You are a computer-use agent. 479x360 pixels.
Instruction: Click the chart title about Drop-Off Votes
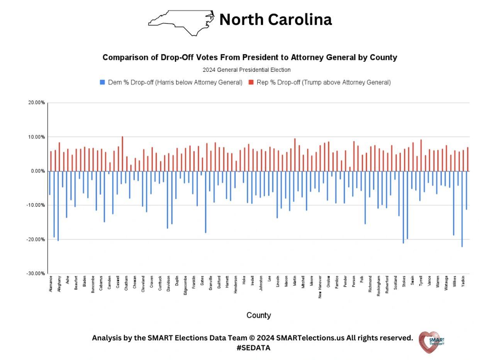coord(250,58)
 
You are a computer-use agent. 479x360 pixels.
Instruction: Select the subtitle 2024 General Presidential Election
coord(246,70)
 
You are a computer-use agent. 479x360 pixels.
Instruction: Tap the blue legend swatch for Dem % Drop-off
coord(102,82)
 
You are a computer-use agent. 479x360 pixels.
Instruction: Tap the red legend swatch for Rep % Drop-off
coord(250,82)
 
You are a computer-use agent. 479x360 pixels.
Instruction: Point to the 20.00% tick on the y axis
coord(37,103)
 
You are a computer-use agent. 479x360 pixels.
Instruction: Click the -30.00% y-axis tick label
coord(36,273)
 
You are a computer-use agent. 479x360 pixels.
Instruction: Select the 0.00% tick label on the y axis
coord(37,171)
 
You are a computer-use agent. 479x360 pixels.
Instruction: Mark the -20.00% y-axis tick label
coord(36,239)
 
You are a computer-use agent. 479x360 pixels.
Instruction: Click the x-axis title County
coord(258,315)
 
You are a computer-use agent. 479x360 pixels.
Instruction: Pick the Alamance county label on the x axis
coord(51,283)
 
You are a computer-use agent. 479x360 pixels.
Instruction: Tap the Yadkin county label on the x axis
coord(463,282)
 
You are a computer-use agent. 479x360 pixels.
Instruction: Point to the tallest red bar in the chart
coord(122,154)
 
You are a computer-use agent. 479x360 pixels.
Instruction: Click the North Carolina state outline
coord(182,22)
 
